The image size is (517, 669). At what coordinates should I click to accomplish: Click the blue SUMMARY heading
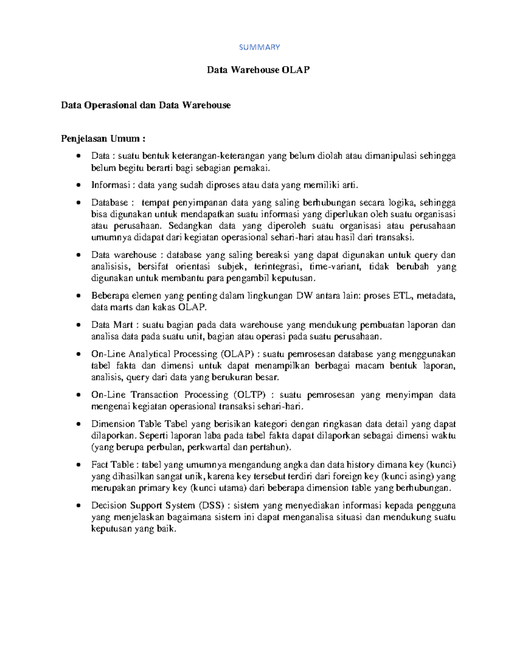[x=259, y=47]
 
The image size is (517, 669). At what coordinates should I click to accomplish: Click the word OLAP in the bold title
[x=296, y=70]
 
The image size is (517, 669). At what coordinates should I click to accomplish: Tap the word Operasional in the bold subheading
[x=110, y=105]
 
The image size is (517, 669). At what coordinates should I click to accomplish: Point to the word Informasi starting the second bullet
[x=110, y=185]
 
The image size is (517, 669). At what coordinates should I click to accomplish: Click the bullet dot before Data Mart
[x=78, y=325]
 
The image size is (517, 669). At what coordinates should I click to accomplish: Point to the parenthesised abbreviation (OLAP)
[x=237, y=354]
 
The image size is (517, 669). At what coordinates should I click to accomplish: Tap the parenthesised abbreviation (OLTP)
[x=250, y=395]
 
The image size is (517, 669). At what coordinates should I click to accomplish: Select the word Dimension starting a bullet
[x=111, y=424]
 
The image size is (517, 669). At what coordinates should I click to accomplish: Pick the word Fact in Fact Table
[x=100, y=465]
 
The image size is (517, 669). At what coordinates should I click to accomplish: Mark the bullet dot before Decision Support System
[x=78, y=506]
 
